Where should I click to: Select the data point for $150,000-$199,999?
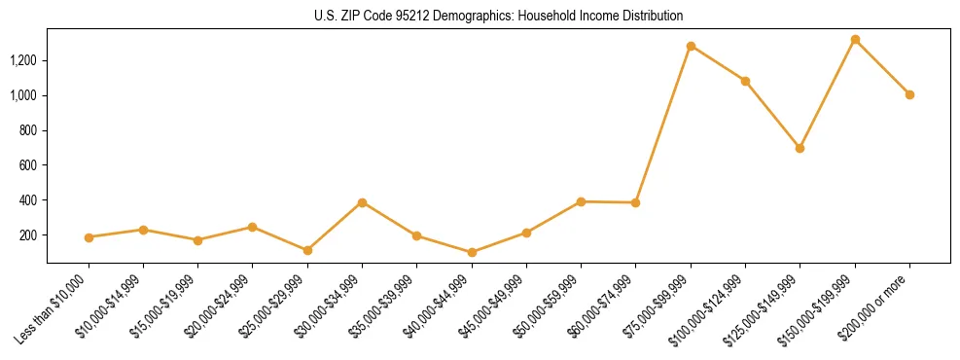(855, 40)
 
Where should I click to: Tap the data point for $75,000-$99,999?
(691, 46)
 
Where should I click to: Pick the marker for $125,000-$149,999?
(800, 148)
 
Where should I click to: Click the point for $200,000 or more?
(909, 94)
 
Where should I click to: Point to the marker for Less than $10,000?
(89, 237)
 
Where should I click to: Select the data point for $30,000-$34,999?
(362, 202)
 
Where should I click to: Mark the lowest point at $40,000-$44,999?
(472, 252)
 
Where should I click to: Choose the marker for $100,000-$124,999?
(745, 81)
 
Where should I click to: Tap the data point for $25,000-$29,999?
(307, 250)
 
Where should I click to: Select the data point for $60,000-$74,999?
(635, 202)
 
